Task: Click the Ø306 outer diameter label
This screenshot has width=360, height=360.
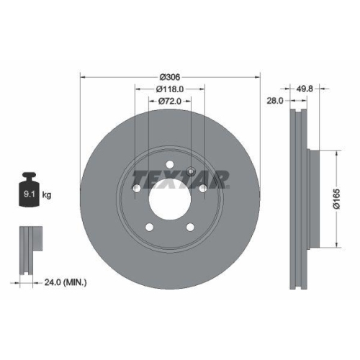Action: click(x=170, y=77)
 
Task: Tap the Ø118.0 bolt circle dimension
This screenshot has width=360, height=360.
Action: click(x=171, y=90)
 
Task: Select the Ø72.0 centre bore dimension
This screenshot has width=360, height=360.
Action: click(x=170, y=103)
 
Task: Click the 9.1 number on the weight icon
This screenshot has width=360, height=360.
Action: click(x=27, y=194)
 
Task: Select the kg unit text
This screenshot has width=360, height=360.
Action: click(x=47, y=194)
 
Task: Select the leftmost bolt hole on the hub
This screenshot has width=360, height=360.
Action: click(x=137, y=188)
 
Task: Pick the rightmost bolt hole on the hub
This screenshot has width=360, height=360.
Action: click(x=203, y=188)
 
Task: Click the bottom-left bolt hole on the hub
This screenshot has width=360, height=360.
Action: click(x=150, y=227)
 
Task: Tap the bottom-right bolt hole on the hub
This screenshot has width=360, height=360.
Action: click(x=190, y=227)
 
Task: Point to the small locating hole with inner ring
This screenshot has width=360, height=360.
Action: click(x=191, y=171)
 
